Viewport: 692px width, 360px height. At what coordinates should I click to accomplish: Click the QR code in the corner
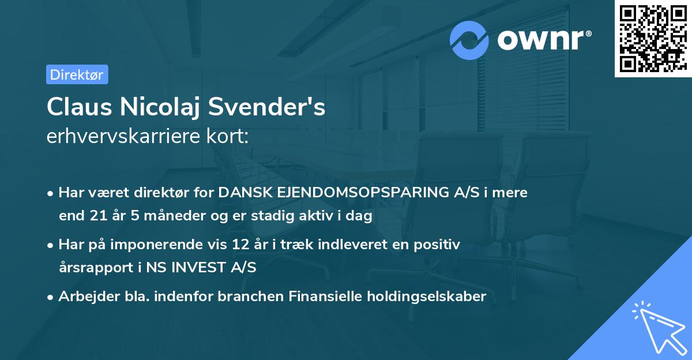(x=653, y=39)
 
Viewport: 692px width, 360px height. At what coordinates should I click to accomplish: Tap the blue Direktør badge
(x=77, y=74)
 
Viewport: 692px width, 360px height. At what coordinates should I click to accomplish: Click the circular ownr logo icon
(x=469, y=40)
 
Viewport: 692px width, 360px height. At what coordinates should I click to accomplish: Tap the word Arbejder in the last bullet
(x=84, y=297)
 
